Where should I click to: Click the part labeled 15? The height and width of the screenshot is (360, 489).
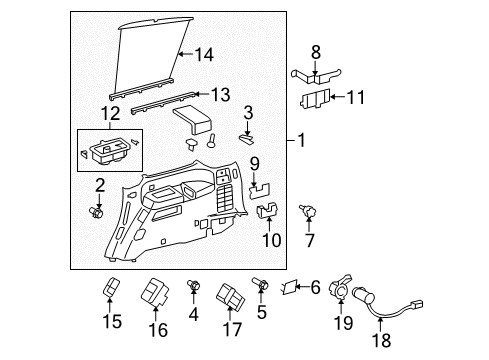point(113,290)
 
